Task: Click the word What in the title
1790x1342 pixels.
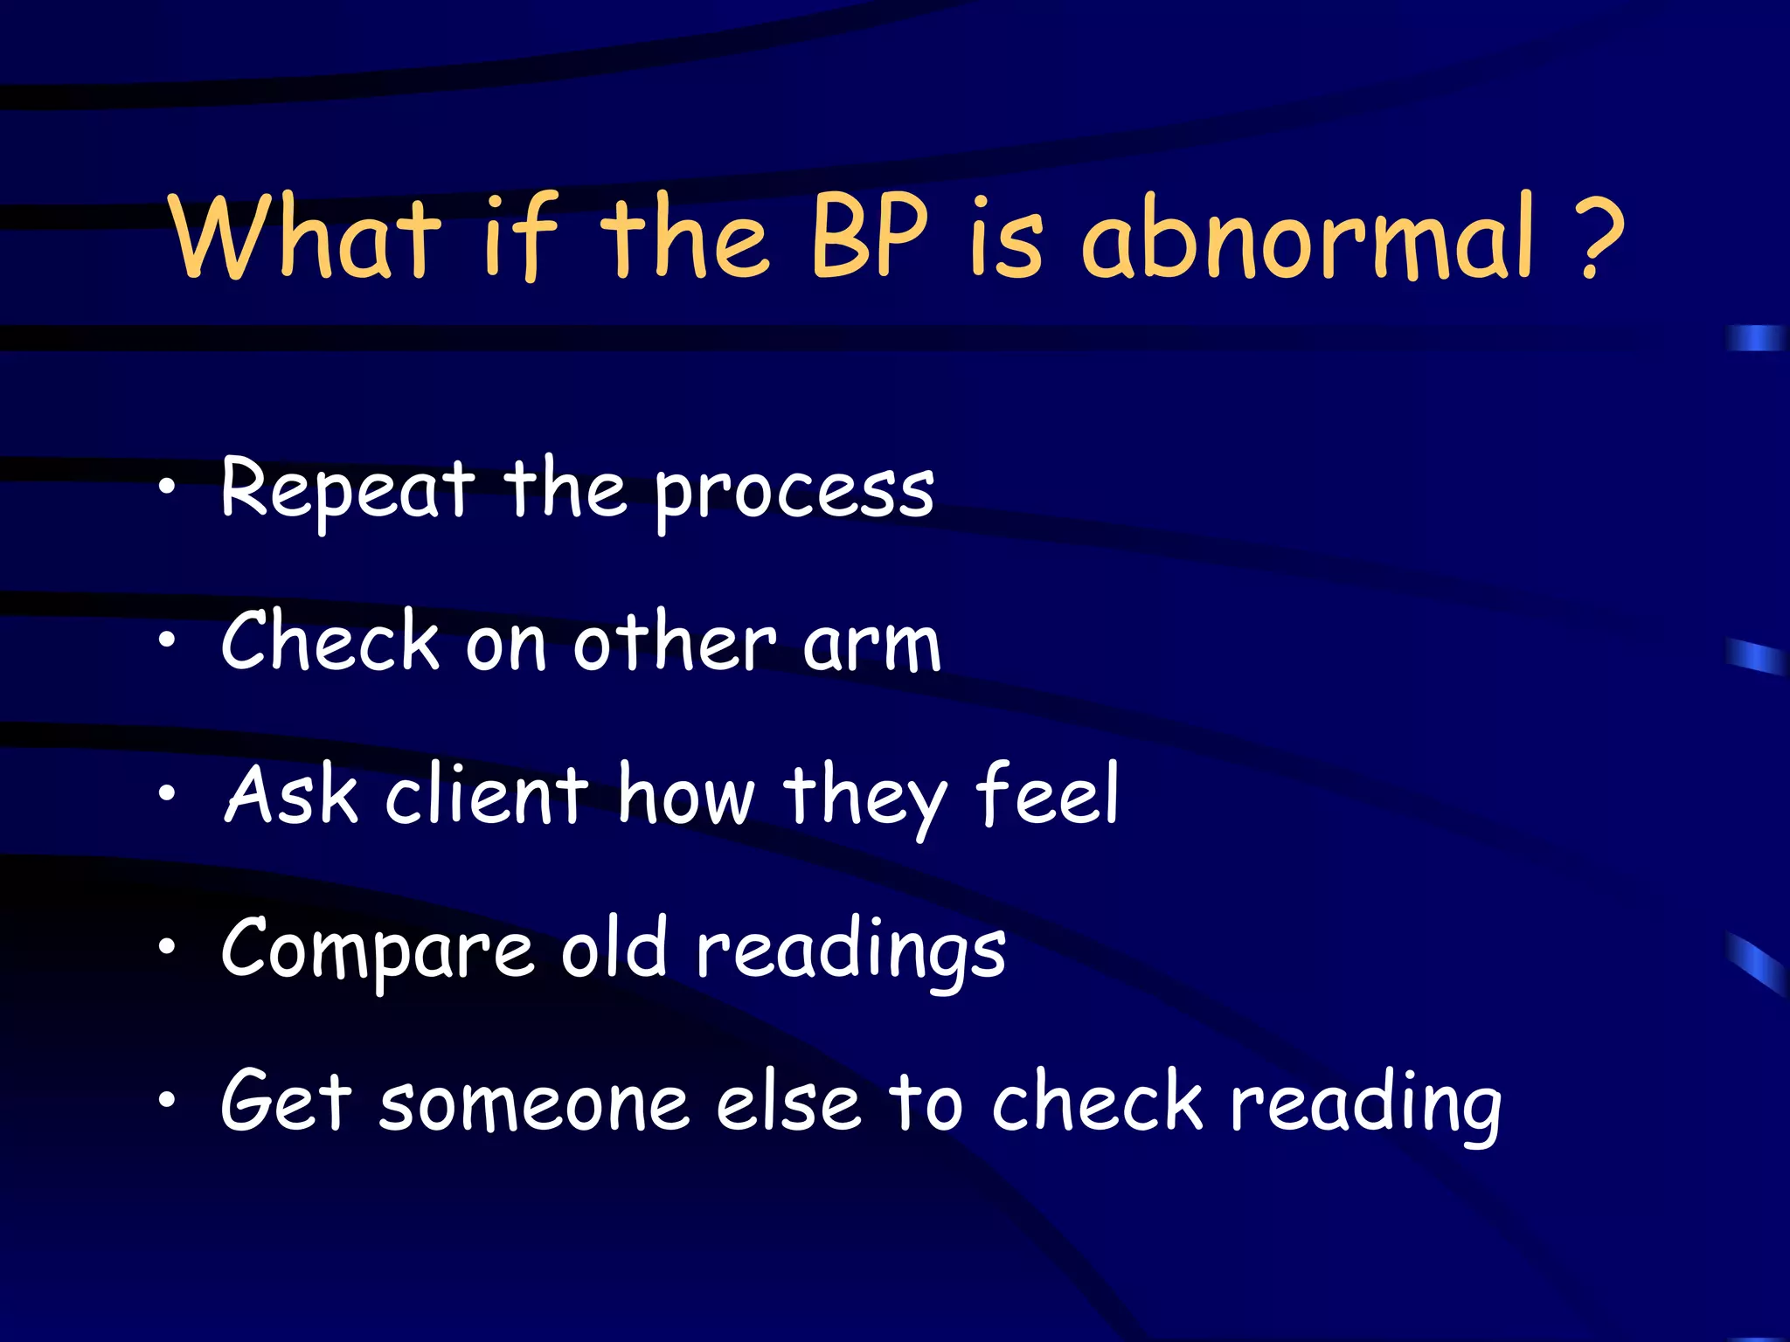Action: [305, 238]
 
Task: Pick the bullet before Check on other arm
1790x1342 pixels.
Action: [167, 641]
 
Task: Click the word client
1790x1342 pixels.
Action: [487, 795]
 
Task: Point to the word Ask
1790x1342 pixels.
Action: [291, 795]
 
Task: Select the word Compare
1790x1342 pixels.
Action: [377, 951]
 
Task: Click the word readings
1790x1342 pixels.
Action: [850, 952]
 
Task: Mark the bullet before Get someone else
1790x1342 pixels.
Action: [167, 1101]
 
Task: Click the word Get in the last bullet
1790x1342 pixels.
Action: [286, 1103]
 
